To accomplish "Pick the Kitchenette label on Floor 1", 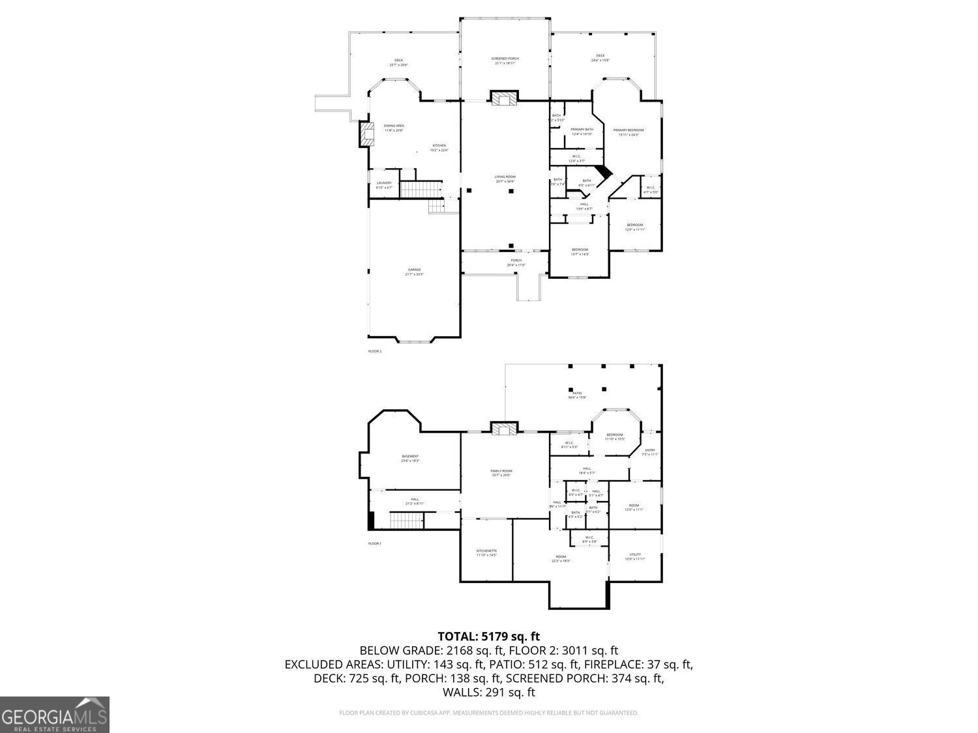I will [486, 553].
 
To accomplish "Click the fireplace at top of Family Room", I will [504, 428].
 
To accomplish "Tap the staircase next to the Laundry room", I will [412, 190].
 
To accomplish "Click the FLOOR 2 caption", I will [375, 351].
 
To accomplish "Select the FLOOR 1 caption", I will [375, 543].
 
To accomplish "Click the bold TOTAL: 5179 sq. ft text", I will [488, 636].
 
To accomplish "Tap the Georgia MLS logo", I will [55, 715].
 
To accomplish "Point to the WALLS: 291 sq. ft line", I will [488, 692].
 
